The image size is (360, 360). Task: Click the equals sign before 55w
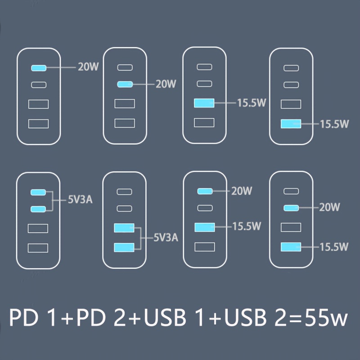tap(295, 319)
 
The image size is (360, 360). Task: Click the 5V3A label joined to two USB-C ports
tap(80, 200)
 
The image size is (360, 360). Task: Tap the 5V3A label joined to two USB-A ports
tap(166, 238)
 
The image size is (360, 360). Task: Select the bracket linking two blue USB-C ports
tap(53, 200)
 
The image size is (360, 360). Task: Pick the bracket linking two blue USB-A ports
tap(140, 238)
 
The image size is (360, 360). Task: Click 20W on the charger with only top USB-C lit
tap(88, 67)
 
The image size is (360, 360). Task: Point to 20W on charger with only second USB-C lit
tap(166, 84)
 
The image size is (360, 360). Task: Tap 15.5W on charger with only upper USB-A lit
tap(252, 103)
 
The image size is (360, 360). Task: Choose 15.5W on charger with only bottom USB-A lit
tap(334, 124)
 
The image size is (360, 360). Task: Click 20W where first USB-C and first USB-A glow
tap(242, 191)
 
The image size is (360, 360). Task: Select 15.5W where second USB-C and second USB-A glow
tap(334, 247)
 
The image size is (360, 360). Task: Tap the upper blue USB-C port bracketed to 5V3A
tap(38, 192)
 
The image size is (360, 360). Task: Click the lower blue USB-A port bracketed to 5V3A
tap(124, 247)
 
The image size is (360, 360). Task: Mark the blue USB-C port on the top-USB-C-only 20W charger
tap(39, 68)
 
